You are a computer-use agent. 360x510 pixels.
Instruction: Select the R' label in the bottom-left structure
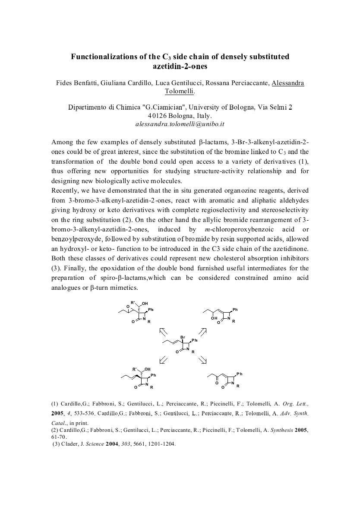pyautogui.click(x=135, y=369)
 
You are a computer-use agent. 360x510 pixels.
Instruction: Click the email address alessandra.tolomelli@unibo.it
pyautogui.click(x=180, y=124)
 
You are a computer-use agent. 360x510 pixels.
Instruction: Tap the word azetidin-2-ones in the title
pyautogui.click(x=180, y=66)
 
